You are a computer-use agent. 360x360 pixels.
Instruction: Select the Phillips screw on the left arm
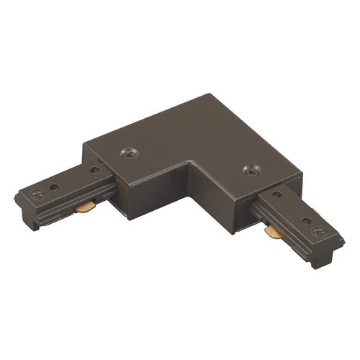[37, 194]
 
